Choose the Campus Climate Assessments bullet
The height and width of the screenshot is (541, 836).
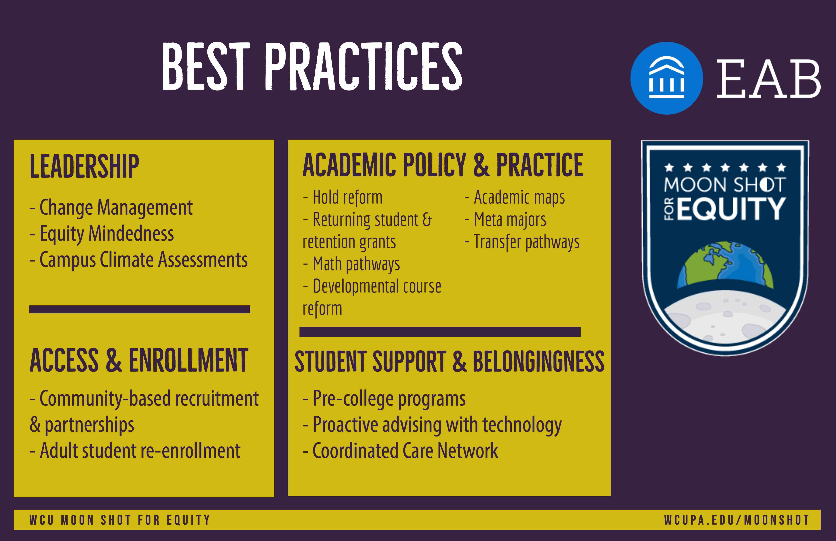(139, 260)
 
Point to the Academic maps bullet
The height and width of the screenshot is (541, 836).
(515, 197)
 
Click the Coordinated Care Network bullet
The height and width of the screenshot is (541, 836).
(400, 451)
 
